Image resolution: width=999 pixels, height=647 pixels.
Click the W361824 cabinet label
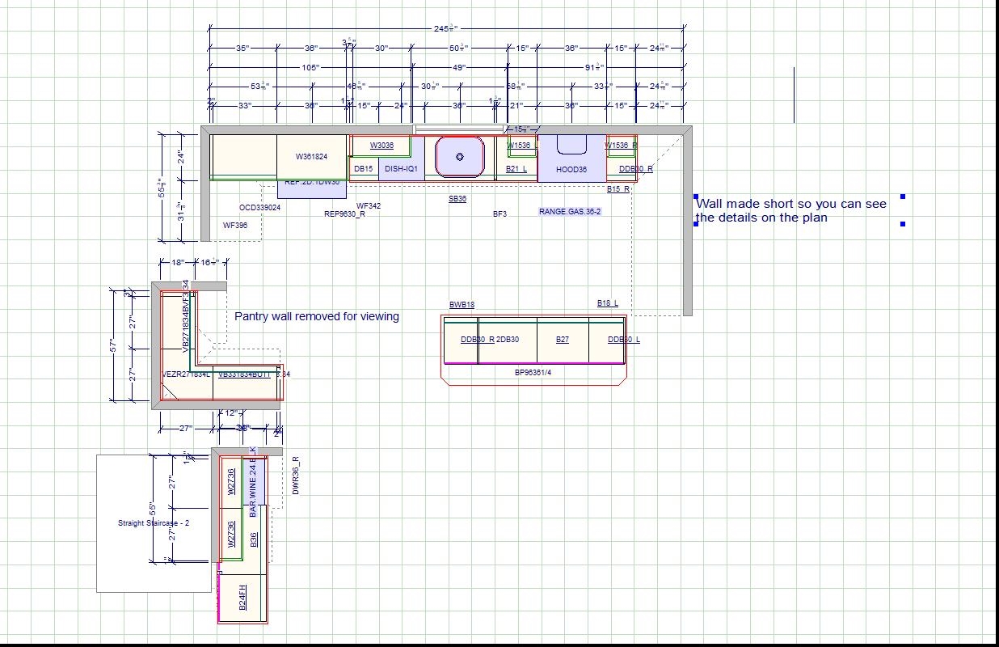tap(311, 157)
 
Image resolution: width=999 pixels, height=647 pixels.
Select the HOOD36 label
tap(571, 170)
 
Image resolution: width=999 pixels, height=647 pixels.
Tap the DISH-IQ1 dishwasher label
tap(401, 169)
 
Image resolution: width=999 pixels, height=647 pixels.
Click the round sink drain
tap(460, 157)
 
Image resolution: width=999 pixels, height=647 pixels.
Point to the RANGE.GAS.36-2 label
tap(570, 212)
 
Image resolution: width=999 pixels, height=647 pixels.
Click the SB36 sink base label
tap(457, 199)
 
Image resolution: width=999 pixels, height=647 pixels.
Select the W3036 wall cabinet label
tap(381, 146)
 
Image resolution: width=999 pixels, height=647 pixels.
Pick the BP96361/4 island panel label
tap(533, 373)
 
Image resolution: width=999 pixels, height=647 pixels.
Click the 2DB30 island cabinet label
tap(508, 340)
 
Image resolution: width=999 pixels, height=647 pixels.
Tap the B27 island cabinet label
tap(562, 340)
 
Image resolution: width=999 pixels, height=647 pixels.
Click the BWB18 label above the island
tap(462, 305)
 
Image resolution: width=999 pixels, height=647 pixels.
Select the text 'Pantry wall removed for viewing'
tap(317, 316)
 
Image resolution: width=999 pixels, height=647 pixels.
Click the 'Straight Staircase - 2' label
tap(154, 523)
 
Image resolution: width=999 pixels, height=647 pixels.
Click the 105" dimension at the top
tap(310, 68)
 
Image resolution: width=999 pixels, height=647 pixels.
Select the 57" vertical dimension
tap(115, 345)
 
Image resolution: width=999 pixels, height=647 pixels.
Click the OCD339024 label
tap(259, 208)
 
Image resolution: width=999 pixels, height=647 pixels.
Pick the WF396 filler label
tap(235, 226)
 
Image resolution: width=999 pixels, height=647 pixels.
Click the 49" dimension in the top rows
tap(459, 68)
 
